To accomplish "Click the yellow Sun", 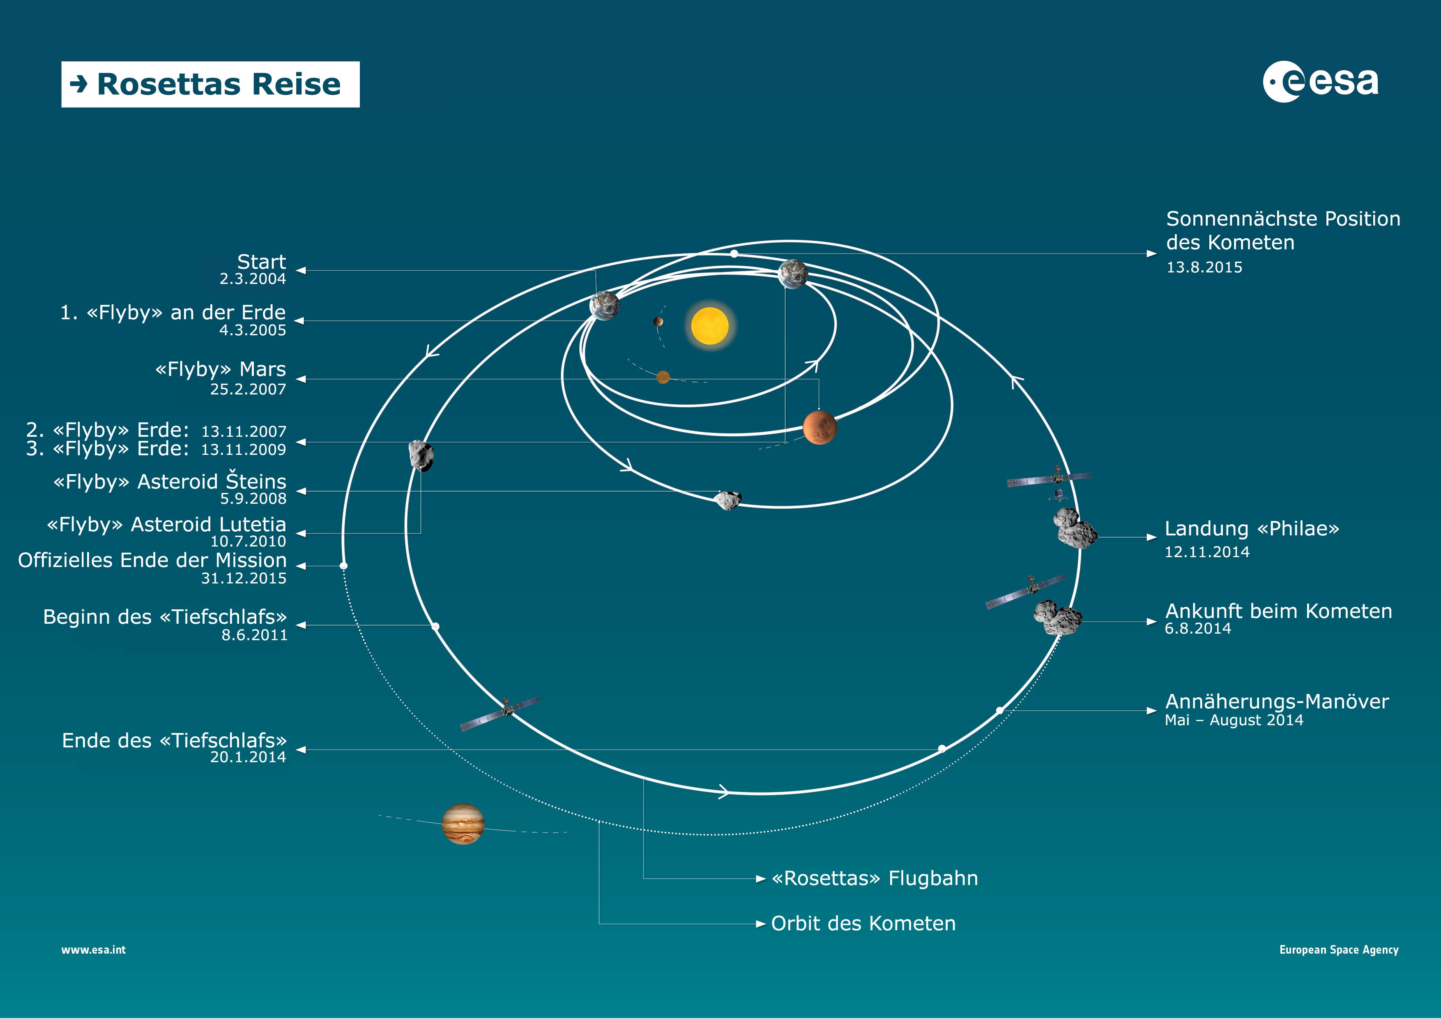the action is click(x=710, y=326).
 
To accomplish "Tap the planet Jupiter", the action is click(x=463, y=824).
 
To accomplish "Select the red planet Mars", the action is click(x=819, y=428).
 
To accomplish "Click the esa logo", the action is click(x=1321, y=82).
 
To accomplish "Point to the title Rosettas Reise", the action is click(x=219, y=84).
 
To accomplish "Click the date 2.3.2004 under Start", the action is click(x=253, y=279).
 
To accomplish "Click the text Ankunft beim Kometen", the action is click(x=1278, y=611).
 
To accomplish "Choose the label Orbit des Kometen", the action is click(x=863, y=924).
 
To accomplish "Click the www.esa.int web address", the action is click(x=94, y=950).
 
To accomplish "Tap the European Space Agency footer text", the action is click(x=1339, y=950).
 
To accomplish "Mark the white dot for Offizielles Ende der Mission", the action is click(x=343, y=566).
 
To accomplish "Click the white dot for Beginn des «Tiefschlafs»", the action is click(x=435, y=627).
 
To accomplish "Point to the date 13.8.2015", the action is click(x=1204, y=267).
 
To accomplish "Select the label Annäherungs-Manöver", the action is click(x=1277, y=701).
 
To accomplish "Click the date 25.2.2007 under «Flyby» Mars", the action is click(x=248, y=389).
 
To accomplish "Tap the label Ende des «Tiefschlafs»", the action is click(x=174, y=741).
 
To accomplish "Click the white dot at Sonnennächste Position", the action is click(x=734, y=254).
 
